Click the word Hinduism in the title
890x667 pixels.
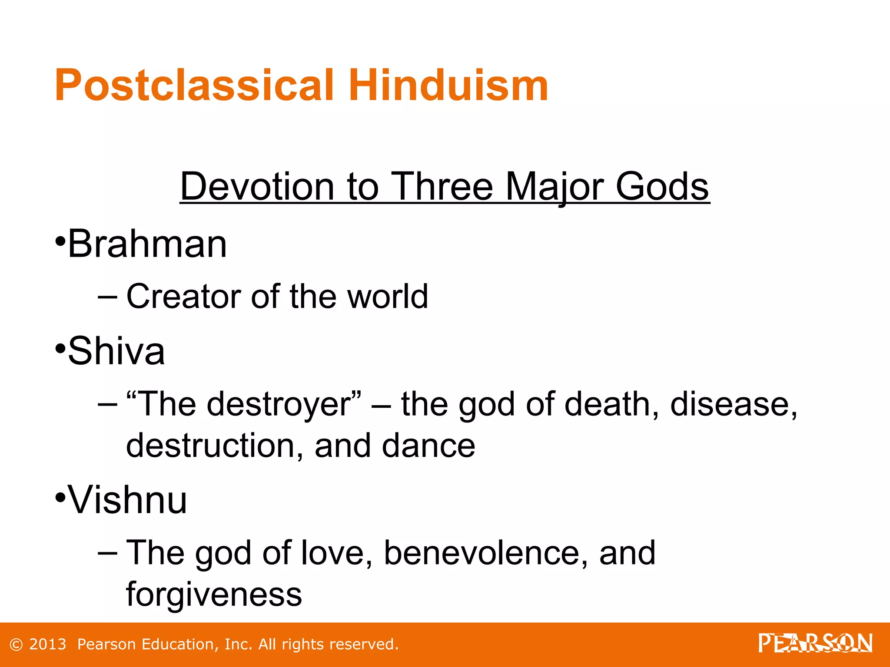448,86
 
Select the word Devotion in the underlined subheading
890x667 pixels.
257,186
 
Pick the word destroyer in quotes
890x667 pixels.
278,404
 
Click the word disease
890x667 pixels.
734,404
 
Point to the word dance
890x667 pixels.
428,446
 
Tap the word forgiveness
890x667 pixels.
214,594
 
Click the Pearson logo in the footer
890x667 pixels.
815,644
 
